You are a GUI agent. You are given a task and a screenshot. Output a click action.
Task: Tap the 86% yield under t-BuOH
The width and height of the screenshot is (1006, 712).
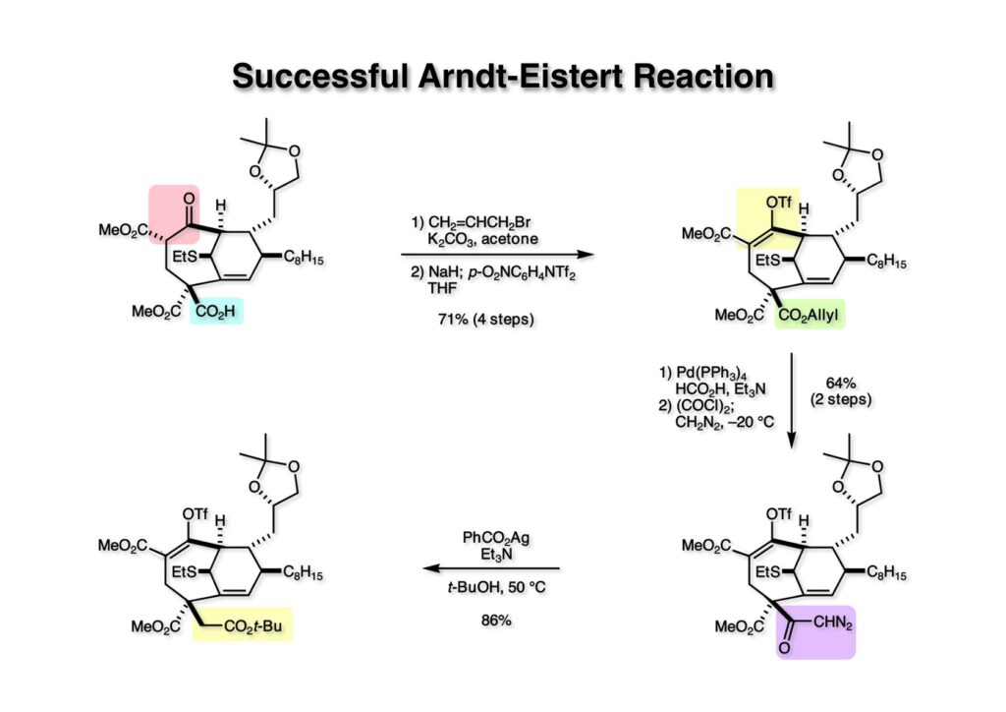click(x=491, y=622)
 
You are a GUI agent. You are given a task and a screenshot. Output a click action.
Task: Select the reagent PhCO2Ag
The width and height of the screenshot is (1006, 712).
click(x=491, y=538)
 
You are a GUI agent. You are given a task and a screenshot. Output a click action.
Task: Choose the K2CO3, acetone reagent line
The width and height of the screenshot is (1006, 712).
click(x=479, y=238)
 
